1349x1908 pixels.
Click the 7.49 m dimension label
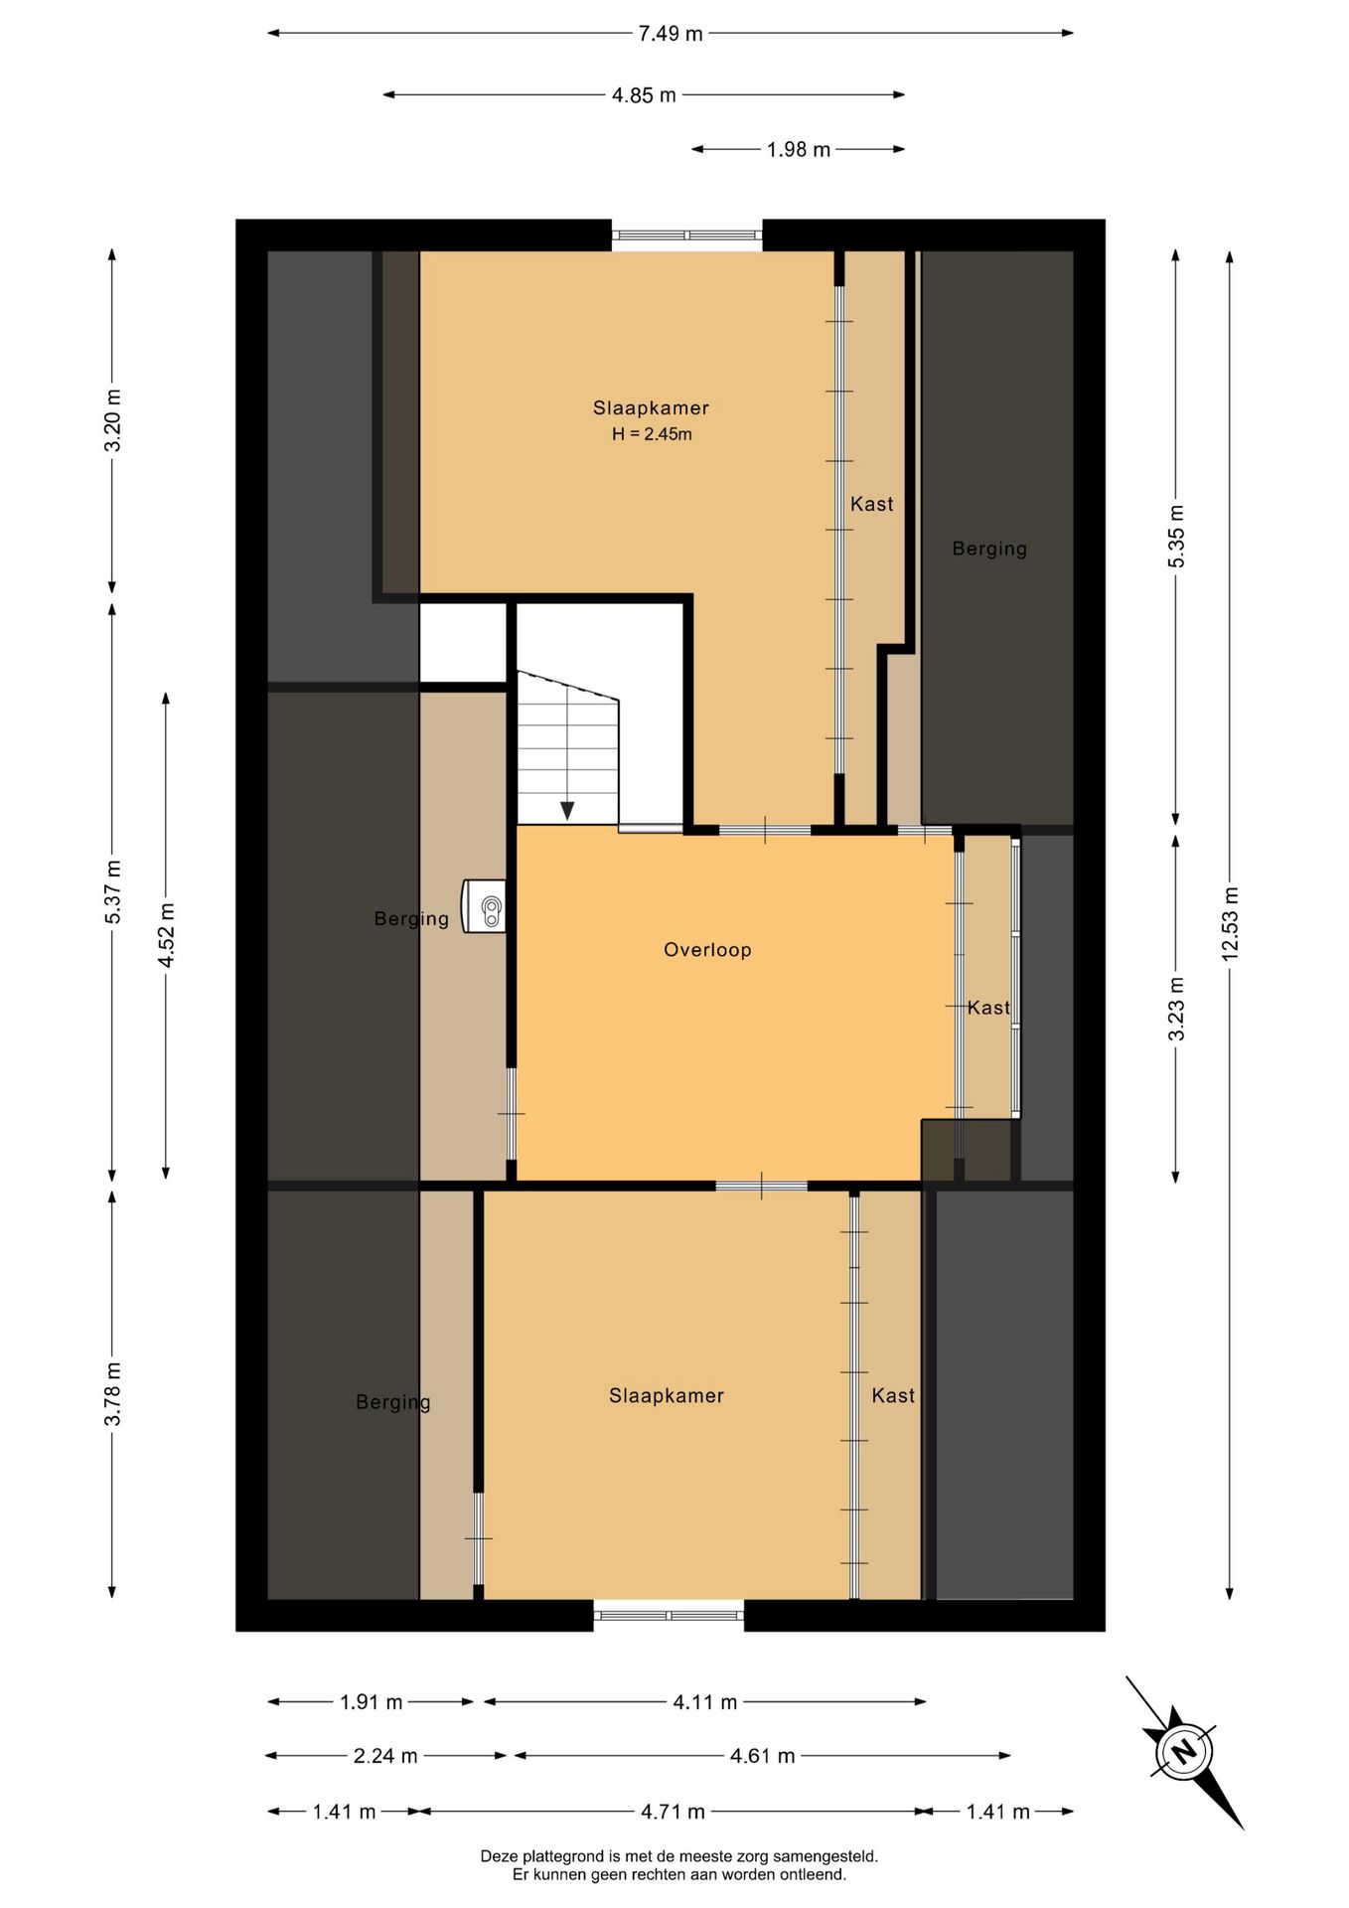tap(671, 34)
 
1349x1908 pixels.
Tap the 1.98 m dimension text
tap(799, 150)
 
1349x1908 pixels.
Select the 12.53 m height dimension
tap(1230, 922)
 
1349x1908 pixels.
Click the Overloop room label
tap(707, 950)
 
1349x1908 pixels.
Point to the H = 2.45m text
tap(652, 434)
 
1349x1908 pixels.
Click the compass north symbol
tap(1183, 1751)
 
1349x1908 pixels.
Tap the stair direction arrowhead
tap(567, 811)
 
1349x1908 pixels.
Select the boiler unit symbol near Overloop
tap(485, 906)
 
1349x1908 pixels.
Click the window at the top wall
tap(687, 236)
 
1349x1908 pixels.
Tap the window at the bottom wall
tap(669, 1615)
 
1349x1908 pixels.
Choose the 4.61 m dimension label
tap(763, 1756)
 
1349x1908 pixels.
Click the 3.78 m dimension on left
tap(113, 1393)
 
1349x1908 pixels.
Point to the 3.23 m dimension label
tap(1176, 1008)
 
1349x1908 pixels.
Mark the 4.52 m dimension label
tap(167, 935)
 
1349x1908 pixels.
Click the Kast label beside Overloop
tap(988, 1008)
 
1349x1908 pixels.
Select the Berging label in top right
tap(989, 549)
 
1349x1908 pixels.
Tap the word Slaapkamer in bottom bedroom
tap(667, 1396)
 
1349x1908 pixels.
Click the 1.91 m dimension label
tap(372, 1702)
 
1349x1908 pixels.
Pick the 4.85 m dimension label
tap(644, 95)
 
